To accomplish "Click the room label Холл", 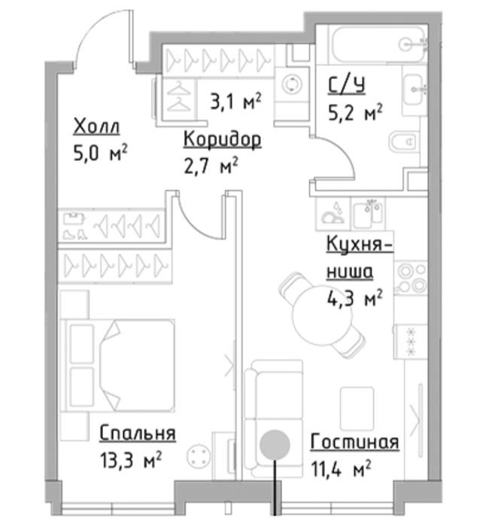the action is coord(96,126).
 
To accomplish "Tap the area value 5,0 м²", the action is coord(100,154).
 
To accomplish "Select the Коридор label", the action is coord(222,139).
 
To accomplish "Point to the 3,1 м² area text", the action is coord(235,102).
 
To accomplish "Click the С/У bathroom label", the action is coord(347,85).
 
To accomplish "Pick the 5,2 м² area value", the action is coord(355,112).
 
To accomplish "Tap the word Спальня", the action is coord(138,433).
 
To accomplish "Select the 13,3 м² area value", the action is coord(131,460).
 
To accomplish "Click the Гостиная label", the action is coord(354,441).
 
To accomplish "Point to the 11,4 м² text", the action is coord(341,468).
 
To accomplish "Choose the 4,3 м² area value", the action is coord(355,298).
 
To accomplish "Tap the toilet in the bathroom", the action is coord(404,142).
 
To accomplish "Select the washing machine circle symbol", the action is coord(291,84).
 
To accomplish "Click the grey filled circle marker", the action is coord(275,444).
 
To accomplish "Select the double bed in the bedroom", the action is coord(118,365).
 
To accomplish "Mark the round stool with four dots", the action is coord(199,455).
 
